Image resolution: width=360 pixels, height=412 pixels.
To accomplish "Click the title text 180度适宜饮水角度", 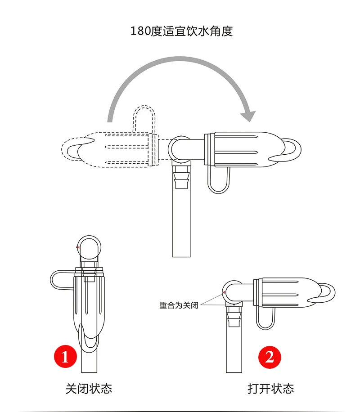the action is [x=181, y=31].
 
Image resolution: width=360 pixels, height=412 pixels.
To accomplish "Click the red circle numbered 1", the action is [x=65, y=357].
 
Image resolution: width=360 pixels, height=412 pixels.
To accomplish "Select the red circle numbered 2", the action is [x=270, y=357].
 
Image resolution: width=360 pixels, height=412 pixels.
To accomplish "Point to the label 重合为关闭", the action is [x=179, y=305].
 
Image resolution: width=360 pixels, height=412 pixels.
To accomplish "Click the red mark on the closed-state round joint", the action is [x=78, y=247].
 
